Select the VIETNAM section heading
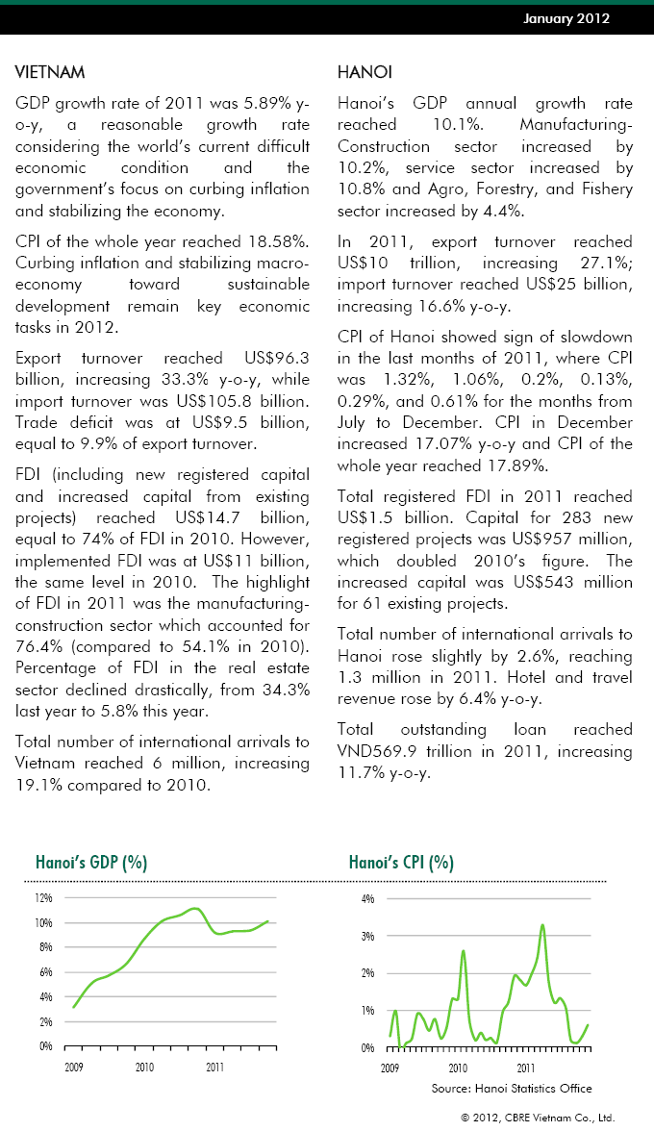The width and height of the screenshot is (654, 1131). (51, 73)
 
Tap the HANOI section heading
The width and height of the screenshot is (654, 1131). (365, 73)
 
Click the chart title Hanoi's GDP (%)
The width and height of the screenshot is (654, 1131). (91, 862)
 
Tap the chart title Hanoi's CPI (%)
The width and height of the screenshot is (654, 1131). (401, 862)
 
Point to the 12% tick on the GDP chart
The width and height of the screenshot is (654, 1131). (43, 898)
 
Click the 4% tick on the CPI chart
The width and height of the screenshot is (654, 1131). (367, 898)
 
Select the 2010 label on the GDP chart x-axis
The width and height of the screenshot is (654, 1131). (144, 1067)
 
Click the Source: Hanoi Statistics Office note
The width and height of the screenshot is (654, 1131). (512, 1088)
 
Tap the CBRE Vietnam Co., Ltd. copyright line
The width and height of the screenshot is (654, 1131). (537, 1118)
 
